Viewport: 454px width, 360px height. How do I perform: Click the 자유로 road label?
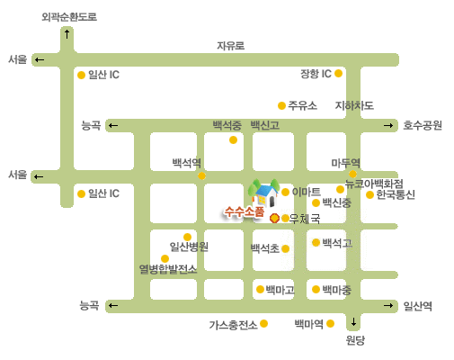(230, 46)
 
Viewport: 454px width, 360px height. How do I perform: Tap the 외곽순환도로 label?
(69, 17)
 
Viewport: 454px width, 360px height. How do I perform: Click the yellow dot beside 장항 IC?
(338, 73)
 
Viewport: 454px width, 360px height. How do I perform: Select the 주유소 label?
(302, 105)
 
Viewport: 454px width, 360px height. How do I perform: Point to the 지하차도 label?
(354, 105)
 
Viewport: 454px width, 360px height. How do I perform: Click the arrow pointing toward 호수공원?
(388, 125)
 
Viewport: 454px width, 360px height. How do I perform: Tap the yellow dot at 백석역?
(201, 175)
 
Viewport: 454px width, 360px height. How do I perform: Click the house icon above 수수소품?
(264, 193)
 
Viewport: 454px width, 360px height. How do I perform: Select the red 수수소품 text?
(245, 211)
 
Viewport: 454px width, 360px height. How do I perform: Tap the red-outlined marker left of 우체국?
(274, 219)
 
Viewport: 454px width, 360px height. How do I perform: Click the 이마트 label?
(306, 192)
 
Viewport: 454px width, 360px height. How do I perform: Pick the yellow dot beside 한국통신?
(369, 194)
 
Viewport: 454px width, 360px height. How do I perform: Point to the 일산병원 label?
(189, 247)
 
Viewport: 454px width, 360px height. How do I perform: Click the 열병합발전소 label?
(168, 269)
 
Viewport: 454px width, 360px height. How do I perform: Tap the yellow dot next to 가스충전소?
(263, 323)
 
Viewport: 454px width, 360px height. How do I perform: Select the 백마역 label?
(309, 324)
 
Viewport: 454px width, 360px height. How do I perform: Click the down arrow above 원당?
(353, 322)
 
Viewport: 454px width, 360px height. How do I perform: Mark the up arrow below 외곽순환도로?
(67, 34)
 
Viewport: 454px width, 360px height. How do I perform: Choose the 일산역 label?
(417, 306)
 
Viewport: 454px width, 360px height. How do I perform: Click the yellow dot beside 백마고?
(260, 289)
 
